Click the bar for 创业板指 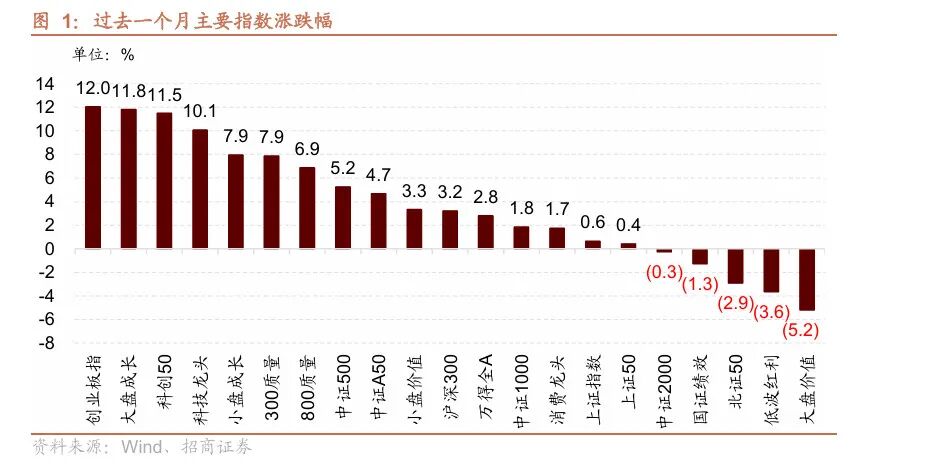tap(93, 177)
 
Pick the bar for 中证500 tap(343, 217)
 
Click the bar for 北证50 tap(735, 266)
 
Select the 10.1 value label tap(200, 110)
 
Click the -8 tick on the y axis tap(45, 343)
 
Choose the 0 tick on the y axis tap(49, 249)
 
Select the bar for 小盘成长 tap(236, 201)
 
